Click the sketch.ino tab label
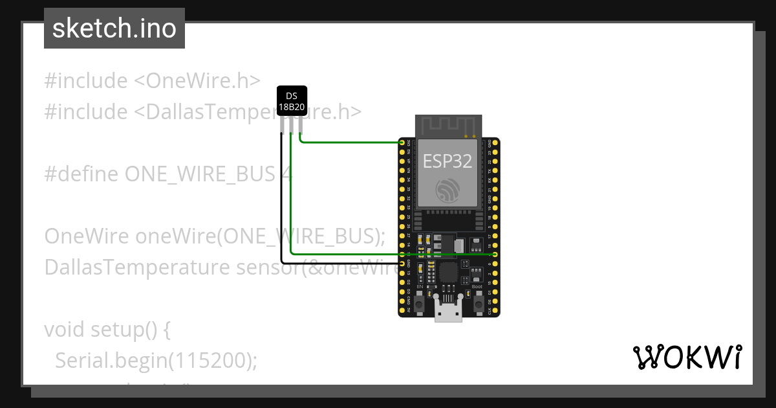(x=114, y=28)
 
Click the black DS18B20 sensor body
(x=292, y=101)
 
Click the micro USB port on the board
(x=448, y=312)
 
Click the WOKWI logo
(x=687, y=357)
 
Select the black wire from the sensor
(x=281, y=207)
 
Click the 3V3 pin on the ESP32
(x=402, y=142)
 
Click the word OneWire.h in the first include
(x=203, y=81)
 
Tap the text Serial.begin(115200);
(x=156, y=360)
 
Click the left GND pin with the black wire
(x=402, y=264)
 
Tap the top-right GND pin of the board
(x=495, y=142)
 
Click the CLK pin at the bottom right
(x=495, y=310)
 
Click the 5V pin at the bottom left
(x=402, y=310)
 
